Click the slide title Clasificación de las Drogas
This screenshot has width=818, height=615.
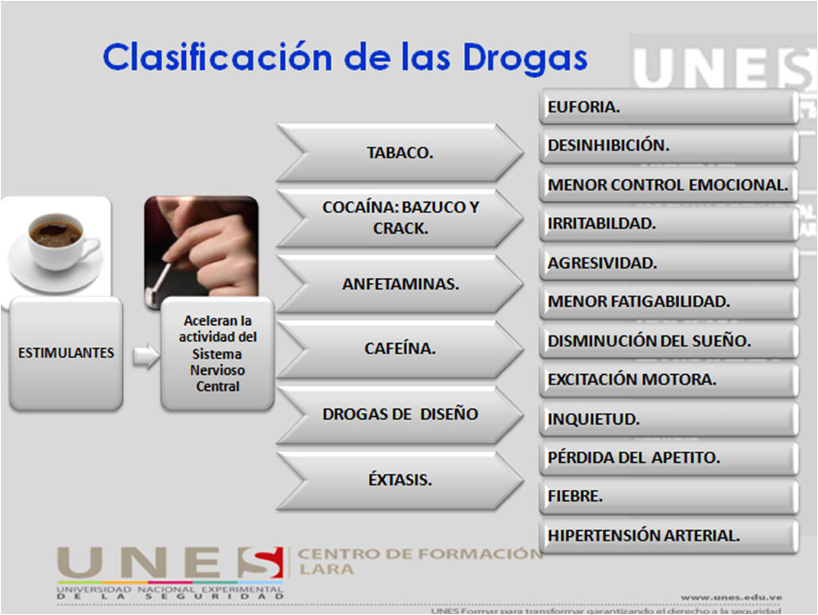344,58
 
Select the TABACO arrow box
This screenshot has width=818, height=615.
399,153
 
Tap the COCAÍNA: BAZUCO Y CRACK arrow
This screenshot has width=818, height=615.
400,218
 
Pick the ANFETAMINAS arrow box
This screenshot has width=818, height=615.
400,283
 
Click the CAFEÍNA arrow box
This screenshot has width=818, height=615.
400,348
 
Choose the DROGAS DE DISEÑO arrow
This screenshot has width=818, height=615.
400,414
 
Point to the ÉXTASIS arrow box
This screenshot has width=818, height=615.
400,479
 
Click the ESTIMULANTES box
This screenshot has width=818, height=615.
66,353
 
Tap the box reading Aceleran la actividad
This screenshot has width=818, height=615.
217,354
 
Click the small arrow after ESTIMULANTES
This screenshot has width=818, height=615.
145,356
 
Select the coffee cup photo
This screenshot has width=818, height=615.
55,246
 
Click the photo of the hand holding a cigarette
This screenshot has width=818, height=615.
201,250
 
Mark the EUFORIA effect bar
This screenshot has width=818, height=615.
668,107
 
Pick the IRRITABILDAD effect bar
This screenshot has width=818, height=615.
668,223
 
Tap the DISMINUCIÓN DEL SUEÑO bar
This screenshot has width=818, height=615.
668,341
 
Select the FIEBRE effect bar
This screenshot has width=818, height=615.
668,497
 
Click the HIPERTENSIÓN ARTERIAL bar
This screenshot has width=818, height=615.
668,536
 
